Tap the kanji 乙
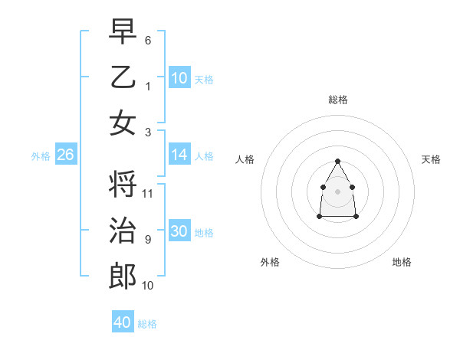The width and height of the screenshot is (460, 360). [x=123, y=77]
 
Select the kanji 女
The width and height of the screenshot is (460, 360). [x=123, y=123]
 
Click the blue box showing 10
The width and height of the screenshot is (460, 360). [x=179, y=78]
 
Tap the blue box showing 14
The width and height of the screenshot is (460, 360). [x=179, y=155]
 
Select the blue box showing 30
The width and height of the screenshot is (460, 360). [x=179, y=231]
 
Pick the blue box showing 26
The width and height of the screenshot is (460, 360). [x=65, y=155]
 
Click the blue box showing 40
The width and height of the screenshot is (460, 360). [x=123, y=322]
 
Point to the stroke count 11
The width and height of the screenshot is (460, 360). [x=148, y=194]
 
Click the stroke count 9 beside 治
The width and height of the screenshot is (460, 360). [x=148, y=240]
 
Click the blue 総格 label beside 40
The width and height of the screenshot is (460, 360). [x=147, y=324]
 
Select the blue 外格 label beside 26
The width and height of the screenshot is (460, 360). [x=41, y=156]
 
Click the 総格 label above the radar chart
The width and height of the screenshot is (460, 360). [x=337, y=100]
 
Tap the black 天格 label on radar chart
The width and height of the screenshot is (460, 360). [x=431, y=159]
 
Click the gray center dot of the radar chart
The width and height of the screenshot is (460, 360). [x=337, y=191]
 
